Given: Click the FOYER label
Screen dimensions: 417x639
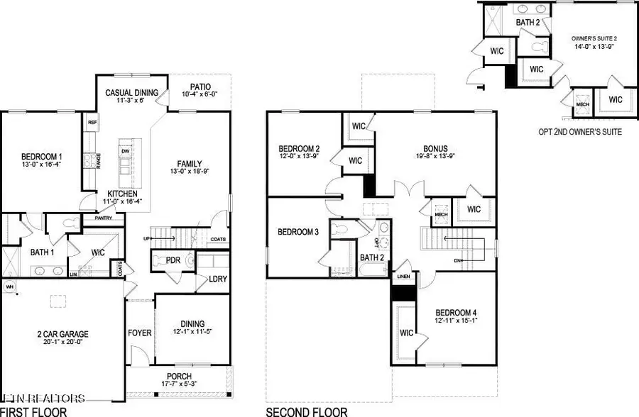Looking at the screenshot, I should [139, 332].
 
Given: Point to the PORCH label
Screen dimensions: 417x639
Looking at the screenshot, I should [178, 377].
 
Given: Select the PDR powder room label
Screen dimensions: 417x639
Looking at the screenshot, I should [173, 260].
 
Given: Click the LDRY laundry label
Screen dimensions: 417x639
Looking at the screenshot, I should [217, 279].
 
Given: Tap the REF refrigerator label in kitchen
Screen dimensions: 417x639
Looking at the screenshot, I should [92, 122].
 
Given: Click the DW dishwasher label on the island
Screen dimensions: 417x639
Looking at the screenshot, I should [126, 150].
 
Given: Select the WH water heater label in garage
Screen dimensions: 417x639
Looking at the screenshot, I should [10, 287].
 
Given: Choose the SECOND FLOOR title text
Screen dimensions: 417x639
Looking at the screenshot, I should [307, 411].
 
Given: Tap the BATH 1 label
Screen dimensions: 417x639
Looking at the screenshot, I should [42, 252].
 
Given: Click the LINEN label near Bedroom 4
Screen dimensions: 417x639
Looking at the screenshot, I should [403, 277].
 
